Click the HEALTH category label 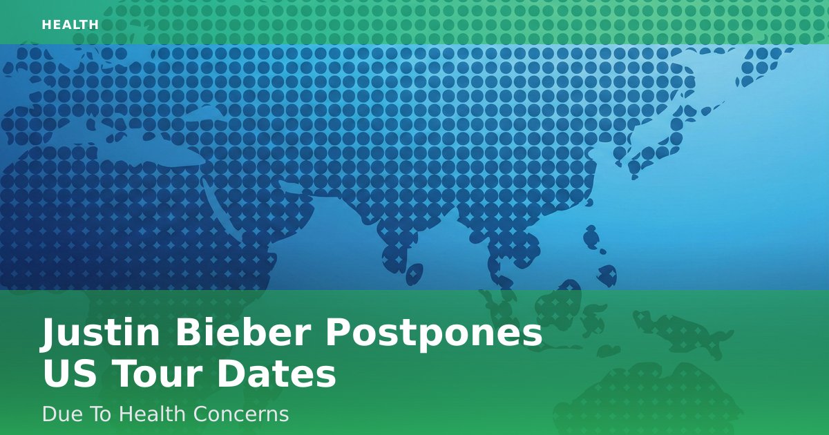(x=70, y=25)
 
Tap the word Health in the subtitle (x=153, y=414)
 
